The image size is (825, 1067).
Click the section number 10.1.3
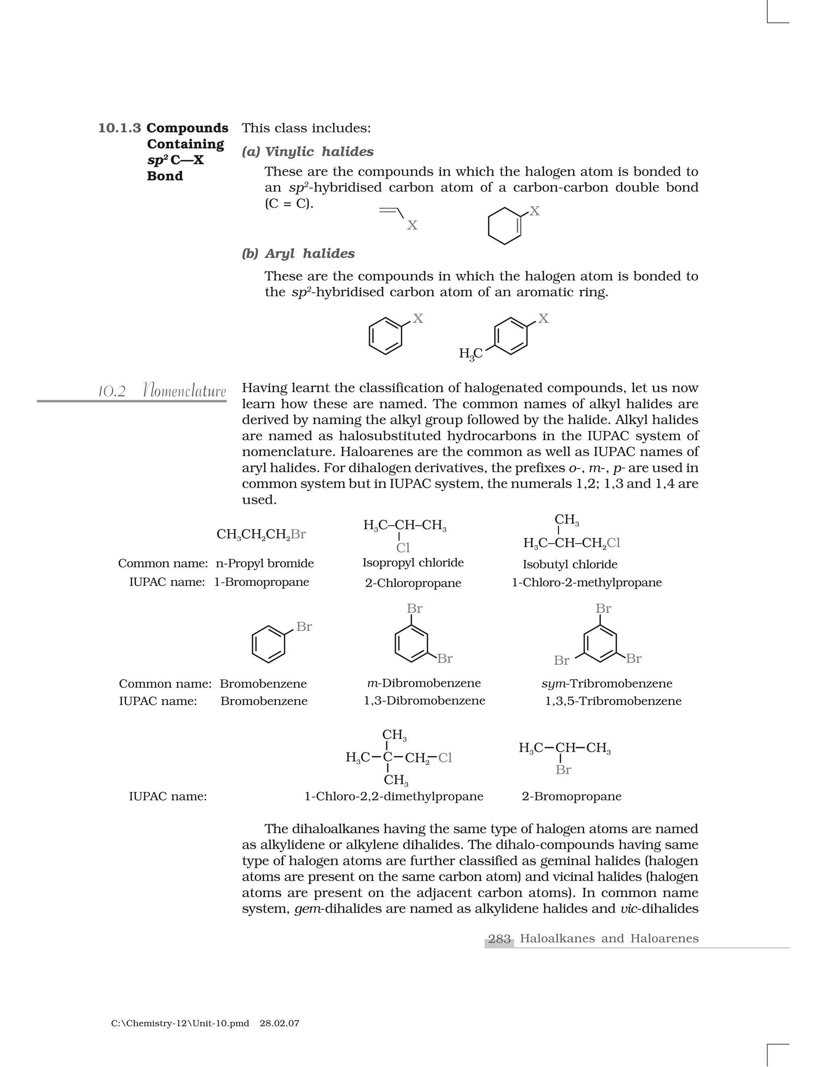(x=119, y=128)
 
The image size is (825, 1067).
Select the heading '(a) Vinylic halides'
(x=307, y=152)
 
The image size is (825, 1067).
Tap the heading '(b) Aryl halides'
(x=298, y=254)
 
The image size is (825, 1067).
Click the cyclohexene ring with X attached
(x=505, y=226)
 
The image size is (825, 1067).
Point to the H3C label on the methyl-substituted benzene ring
(x=471, y=353)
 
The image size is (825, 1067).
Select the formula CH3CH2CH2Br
(x=261, y=534)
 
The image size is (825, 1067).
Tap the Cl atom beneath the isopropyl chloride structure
(x=403, y=548)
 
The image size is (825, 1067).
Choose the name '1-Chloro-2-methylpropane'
(x=587, y=582)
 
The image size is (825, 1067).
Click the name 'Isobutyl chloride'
(x=570, y=564)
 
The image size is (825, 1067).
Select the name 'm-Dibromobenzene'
(x=424, y=683)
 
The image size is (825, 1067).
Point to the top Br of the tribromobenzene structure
(x=603, y=608)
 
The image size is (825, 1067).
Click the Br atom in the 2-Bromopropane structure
(x=563, y=770)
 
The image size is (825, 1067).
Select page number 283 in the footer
(x=499, y=939)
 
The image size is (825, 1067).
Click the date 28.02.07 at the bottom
(x=279, y=1023)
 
